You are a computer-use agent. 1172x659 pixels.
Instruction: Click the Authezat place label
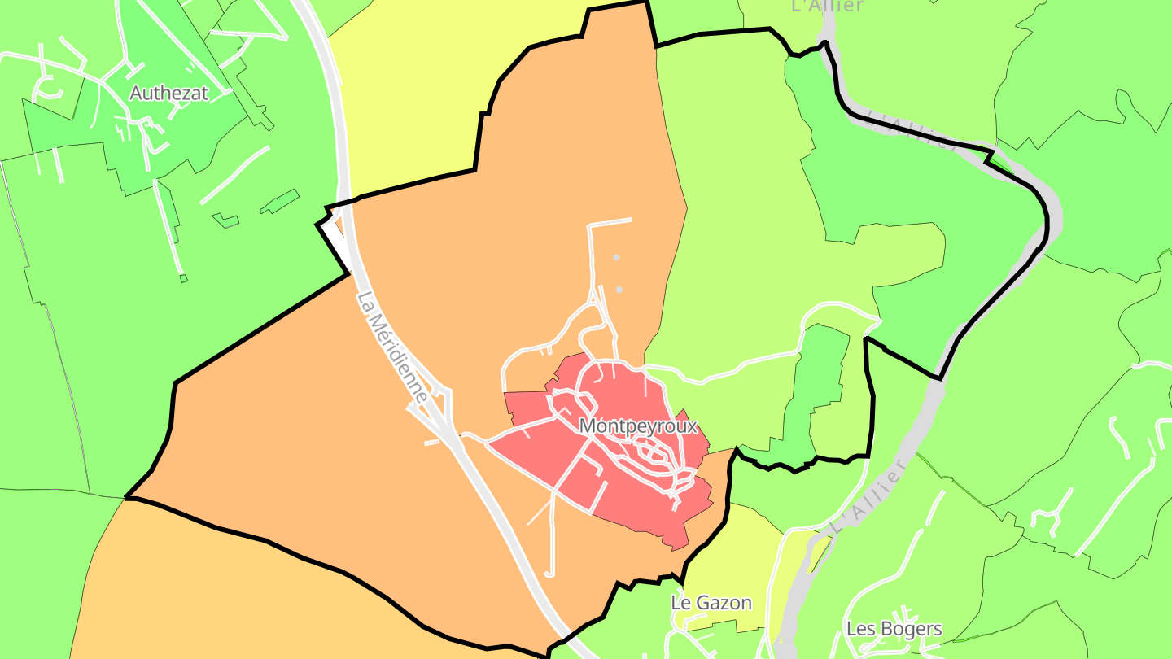coord(169,94)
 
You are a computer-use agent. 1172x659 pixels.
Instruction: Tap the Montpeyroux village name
coord(638,426)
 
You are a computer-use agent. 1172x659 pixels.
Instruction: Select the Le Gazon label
coord(711,603)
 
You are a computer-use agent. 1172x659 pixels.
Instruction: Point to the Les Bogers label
coord(894,629)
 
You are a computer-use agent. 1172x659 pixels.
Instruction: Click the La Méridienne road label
coord(392,347)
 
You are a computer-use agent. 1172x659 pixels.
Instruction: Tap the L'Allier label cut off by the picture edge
coord(826,6)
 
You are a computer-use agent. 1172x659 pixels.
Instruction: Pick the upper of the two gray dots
coord(616,257)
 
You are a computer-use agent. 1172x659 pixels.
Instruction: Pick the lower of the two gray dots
coord(619,289)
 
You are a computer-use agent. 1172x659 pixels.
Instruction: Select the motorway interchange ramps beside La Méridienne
coord(431,415)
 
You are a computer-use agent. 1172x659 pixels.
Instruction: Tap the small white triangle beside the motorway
coord(335,241)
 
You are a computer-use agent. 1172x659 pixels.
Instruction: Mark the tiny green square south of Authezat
coord(183,278)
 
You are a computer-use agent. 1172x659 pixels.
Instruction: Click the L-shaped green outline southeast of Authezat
coord(225,220)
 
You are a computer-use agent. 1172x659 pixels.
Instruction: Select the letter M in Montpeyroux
coord(587,426)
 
